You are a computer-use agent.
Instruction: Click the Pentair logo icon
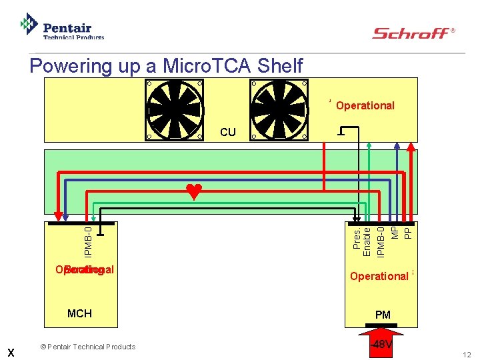(29, 24)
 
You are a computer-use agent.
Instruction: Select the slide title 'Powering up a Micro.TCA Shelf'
(166, 66)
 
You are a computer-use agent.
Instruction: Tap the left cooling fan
(175, 109)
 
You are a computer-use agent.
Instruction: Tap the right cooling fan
(279, 109)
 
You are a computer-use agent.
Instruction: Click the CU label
(227, 132)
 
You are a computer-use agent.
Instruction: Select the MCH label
(79, 313)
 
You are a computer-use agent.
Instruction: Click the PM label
(383, 314)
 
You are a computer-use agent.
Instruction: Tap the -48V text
(382, 345)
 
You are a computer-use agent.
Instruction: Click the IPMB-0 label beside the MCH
(89, 242)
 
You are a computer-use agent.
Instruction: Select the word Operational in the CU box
(365, 105)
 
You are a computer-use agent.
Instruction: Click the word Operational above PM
(379, 276)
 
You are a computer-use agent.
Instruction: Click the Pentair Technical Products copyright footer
(87, 347)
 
